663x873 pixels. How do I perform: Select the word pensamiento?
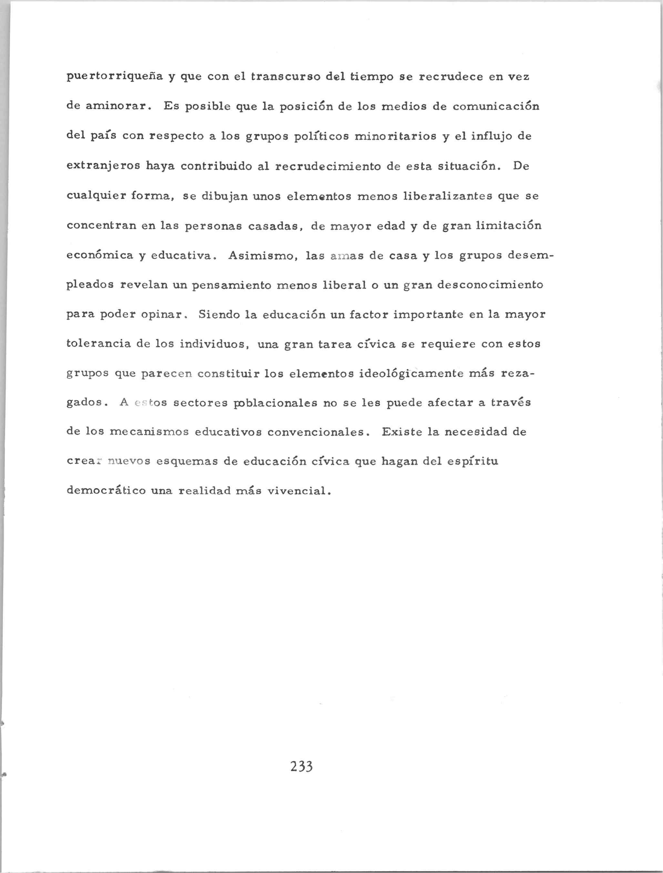click(232, 285)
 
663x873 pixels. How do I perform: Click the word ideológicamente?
click(411, 374)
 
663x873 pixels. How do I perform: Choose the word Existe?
click(402, 432)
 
